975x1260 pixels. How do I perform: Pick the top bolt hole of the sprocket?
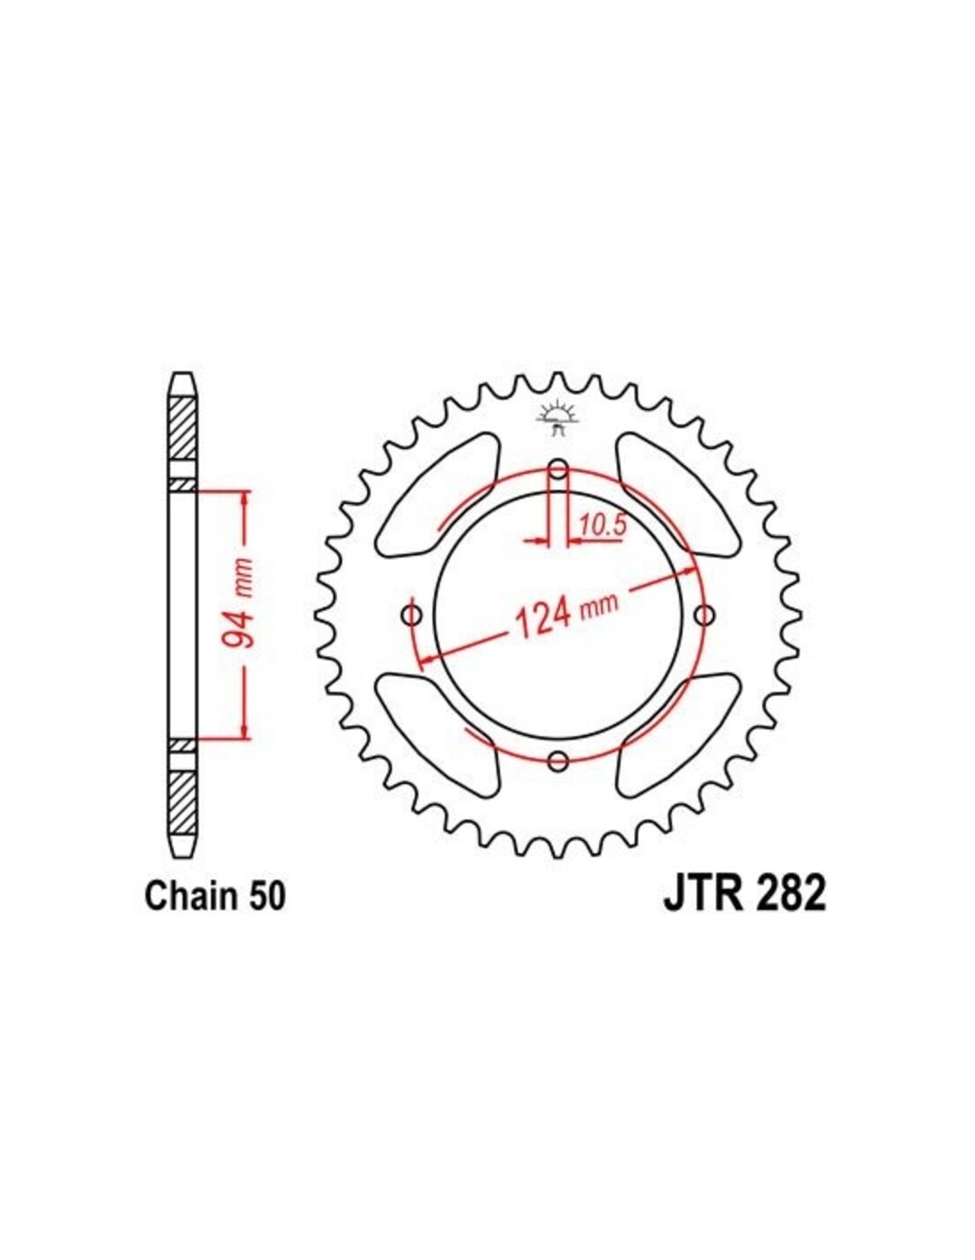[558, 469]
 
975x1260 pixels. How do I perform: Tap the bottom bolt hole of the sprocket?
[558, 760]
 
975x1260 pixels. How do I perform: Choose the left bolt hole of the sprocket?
[414, 615]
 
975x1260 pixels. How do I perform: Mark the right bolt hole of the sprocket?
[704, 615]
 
